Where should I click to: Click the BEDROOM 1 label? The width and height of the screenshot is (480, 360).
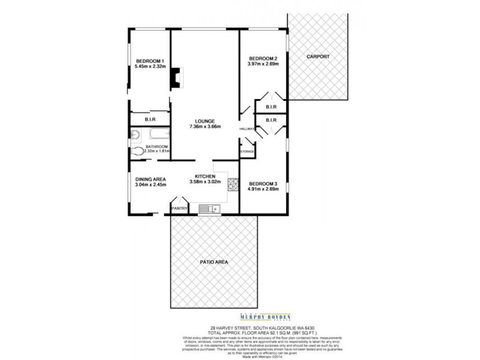149,61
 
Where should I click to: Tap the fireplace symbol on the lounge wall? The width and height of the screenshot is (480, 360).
176,77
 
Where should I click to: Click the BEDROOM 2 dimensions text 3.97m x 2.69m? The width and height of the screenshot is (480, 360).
263,64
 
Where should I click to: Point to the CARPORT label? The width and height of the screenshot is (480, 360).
318,56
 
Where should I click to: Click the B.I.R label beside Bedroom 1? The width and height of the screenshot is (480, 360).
143,119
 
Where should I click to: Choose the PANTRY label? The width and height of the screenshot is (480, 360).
179,208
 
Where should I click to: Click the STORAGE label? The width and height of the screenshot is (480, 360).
247,152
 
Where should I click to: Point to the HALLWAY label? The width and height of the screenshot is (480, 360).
247,128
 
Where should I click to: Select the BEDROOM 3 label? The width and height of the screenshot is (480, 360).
263,183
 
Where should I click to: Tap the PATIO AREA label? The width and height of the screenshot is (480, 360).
214,262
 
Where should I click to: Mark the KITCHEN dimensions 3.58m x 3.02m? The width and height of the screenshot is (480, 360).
206,182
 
